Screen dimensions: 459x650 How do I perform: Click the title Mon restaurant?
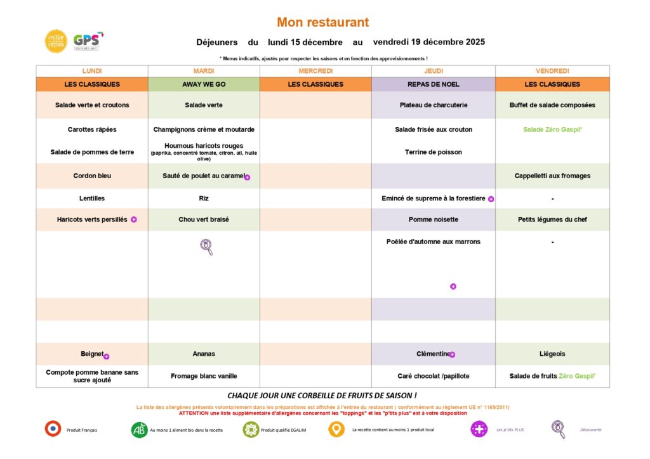(x=322, y=22)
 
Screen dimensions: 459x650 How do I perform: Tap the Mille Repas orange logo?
(x=56, y=41)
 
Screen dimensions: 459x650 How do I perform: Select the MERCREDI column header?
(x=315, y=71)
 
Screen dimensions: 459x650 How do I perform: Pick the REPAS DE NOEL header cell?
(x=434, y=84)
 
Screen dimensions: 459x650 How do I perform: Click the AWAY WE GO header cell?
(x=204, y=84)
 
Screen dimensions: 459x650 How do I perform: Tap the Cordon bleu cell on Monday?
(x=92, y=176)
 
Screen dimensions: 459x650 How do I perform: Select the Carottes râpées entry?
(x=92, y=129)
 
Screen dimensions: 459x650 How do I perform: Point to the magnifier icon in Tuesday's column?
(x=206, y=247)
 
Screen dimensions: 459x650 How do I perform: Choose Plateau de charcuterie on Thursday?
(x=434, y=105)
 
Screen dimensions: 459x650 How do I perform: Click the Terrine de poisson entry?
(x=434, y=152)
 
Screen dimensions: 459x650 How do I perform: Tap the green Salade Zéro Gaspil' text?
(x=552, y=129)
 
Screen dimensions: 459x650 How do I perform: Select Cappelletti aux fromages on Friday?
(x=552, y=176)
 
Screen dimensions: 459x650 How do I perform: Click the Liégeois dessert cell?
(x=552, y=354)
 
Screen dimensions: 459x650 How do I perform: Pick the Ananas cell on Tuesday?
(x=204, y=354)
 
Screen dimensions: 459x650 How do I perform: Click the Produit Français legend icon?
(x=53, y=429)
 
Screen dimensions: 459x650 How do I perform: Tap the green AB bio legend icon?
(x=139, y=430)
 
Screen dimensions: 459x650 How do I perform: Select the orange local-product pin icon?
(x=336, y=429)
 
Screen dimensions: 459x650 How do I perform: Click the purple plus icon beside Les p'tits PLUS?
(x=479, y=429)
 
